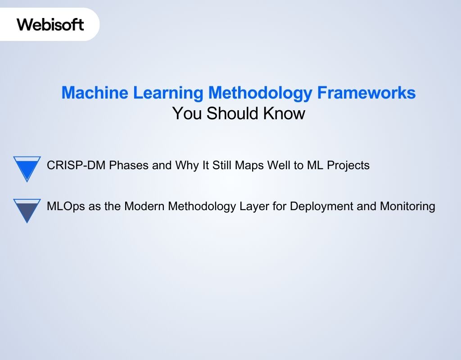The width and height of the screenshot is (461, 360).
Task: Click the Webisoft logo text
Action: [50, 24]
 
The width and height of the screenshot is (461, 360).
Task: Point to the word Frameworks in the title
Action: [366, 93]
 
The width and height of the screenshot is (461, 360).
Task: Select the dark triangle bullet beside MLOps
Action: [27, 210]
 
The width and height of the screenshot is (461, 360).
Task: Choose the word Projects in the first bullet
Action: [348, 166]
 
